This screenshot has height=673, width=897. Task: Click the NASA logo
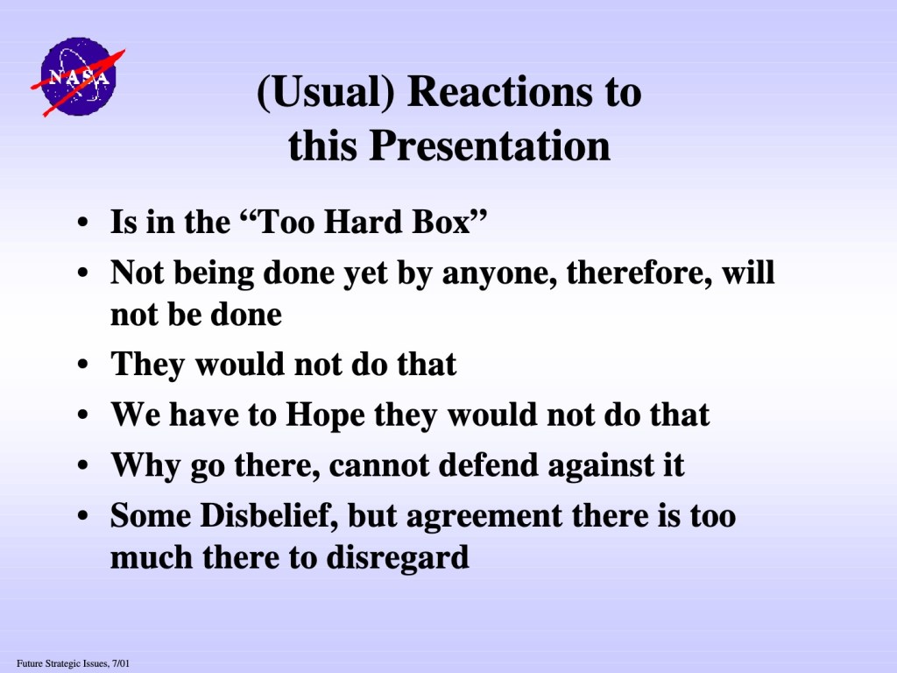click(x=78, y=77)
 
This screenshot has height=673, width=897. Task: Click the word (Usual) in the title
click(x=326, y=92)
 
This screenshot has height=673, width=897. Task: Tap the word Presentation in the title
click(x=490, y=145)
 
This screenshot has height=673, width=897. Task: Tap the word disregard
click(x=398, y=558)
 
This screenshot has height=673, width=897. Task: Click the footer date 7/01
click(x=121, y=664)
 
